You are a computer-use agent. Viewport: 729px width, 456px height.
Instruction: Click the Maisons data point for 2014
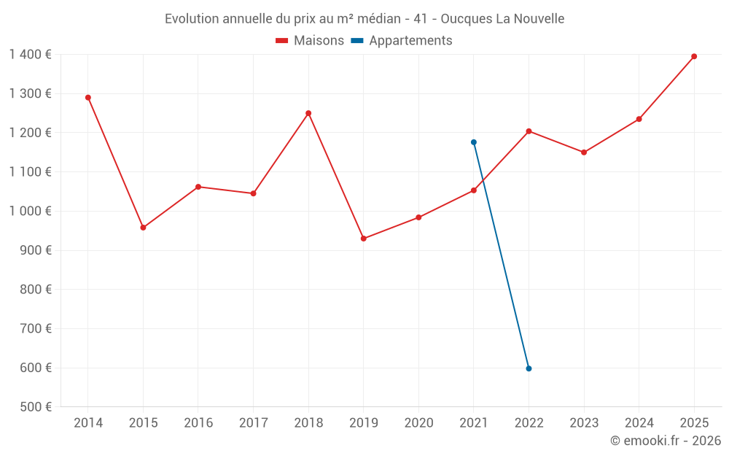(88, 97)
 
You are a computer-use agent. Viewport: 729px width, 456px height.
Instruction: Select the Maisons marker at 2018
(308, 113)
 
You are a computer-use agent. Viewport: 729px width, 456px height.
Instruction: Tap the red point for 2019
(364, 239)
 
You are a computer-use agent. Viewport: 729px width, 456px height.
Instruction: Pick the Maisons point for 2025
(694, 56)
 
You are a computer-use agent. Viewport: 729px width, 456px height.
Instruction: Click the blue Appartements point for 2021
(474, 142)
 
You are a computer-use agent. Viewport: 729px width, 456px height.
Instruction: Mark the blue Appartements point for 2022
(529, 368)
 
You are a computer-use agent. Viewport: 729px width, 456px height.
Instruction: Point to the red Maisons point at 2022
(529, 131)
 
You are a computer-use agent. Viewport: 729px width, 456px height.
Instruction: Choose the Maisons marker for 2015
(143, 228)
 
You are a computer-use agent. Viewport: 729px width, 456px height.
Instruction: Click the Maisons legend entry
(310, 41)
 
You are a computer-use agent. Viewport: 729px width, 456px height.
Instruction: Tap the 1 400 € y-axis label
(30, 54)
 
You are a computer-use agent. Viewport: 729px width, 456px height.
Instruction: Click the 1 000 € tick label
(30, 211)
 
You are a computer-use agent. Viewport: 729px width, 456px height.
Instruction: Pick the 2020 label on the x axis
(418, 423)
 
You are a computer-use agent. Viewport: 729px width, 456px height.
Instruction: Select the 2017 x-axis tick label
(253, 423)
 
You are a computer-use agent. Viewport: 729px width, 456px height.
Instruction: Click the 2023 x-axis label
(584, 423)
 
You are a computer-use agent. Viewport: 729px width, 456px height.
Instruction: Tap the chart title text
(364, 18)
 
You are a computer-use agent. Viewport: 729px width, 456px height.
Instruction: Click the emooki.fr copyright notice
(665, 441)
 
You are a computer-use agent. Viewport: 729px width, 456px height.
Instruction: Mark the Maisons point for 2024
(639, 119)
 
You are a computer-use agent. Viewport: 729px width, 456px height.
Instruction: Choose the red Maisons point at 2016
(198, 187)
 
